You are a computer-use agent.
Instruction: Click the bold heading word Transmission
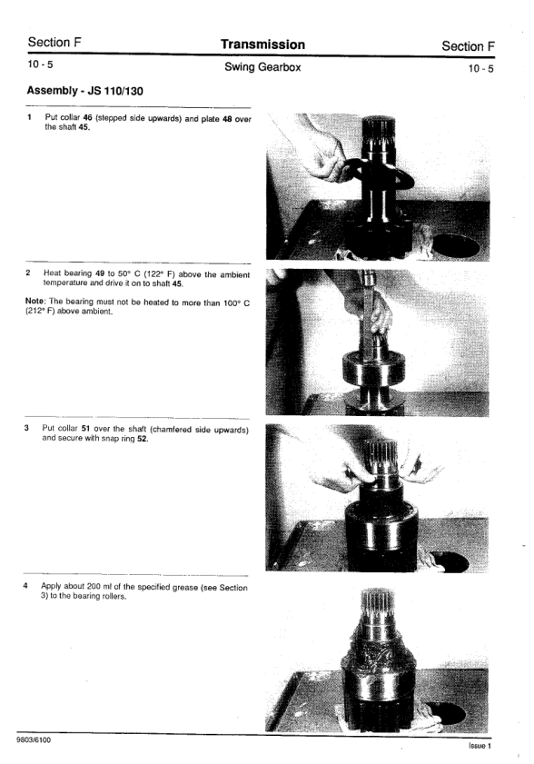pyautogui.click(x=262, y=45)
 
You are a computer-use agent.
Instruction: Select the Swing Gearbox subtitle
pyautogui.click(x=262, y=67)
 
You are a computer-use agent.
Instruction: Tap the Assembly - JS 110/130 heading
pyautogui.click(x=84, y=91)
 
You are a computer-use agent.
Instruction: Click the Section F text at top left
pyautogui.click(x=54, y=43)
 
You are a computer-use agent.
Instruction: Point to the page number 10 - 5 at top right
pyautogui.click(x=480, y=69)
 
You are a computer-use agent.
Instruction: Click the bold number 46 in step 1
pyautogui.click(x=88, y=117)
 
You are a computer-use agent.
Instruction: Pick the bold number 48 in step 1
pyautogui.click(x=227, y=118)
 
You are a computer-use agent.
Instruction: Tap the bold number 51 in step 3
pyautogui.click(x=85, y=428)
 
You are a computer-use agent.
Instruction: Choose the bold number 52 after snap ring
pyautogui.click(x=143, y=439)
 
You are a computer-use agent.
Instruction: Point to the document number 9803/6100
pyautogui.click(x=33, y=740)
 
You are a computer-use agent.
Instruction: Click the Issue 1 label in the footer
pyautogui.click(x=480, y=746)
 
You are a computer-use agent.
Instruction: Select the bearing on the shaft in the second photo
pyautogui.click(x=373, y=367)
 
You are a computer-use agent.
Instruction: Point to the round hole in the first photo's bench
pyautogui.click(x=455, y=245)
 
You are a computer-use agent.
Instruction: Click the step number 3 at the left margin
pyautogui.click(x=26, y=428)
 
